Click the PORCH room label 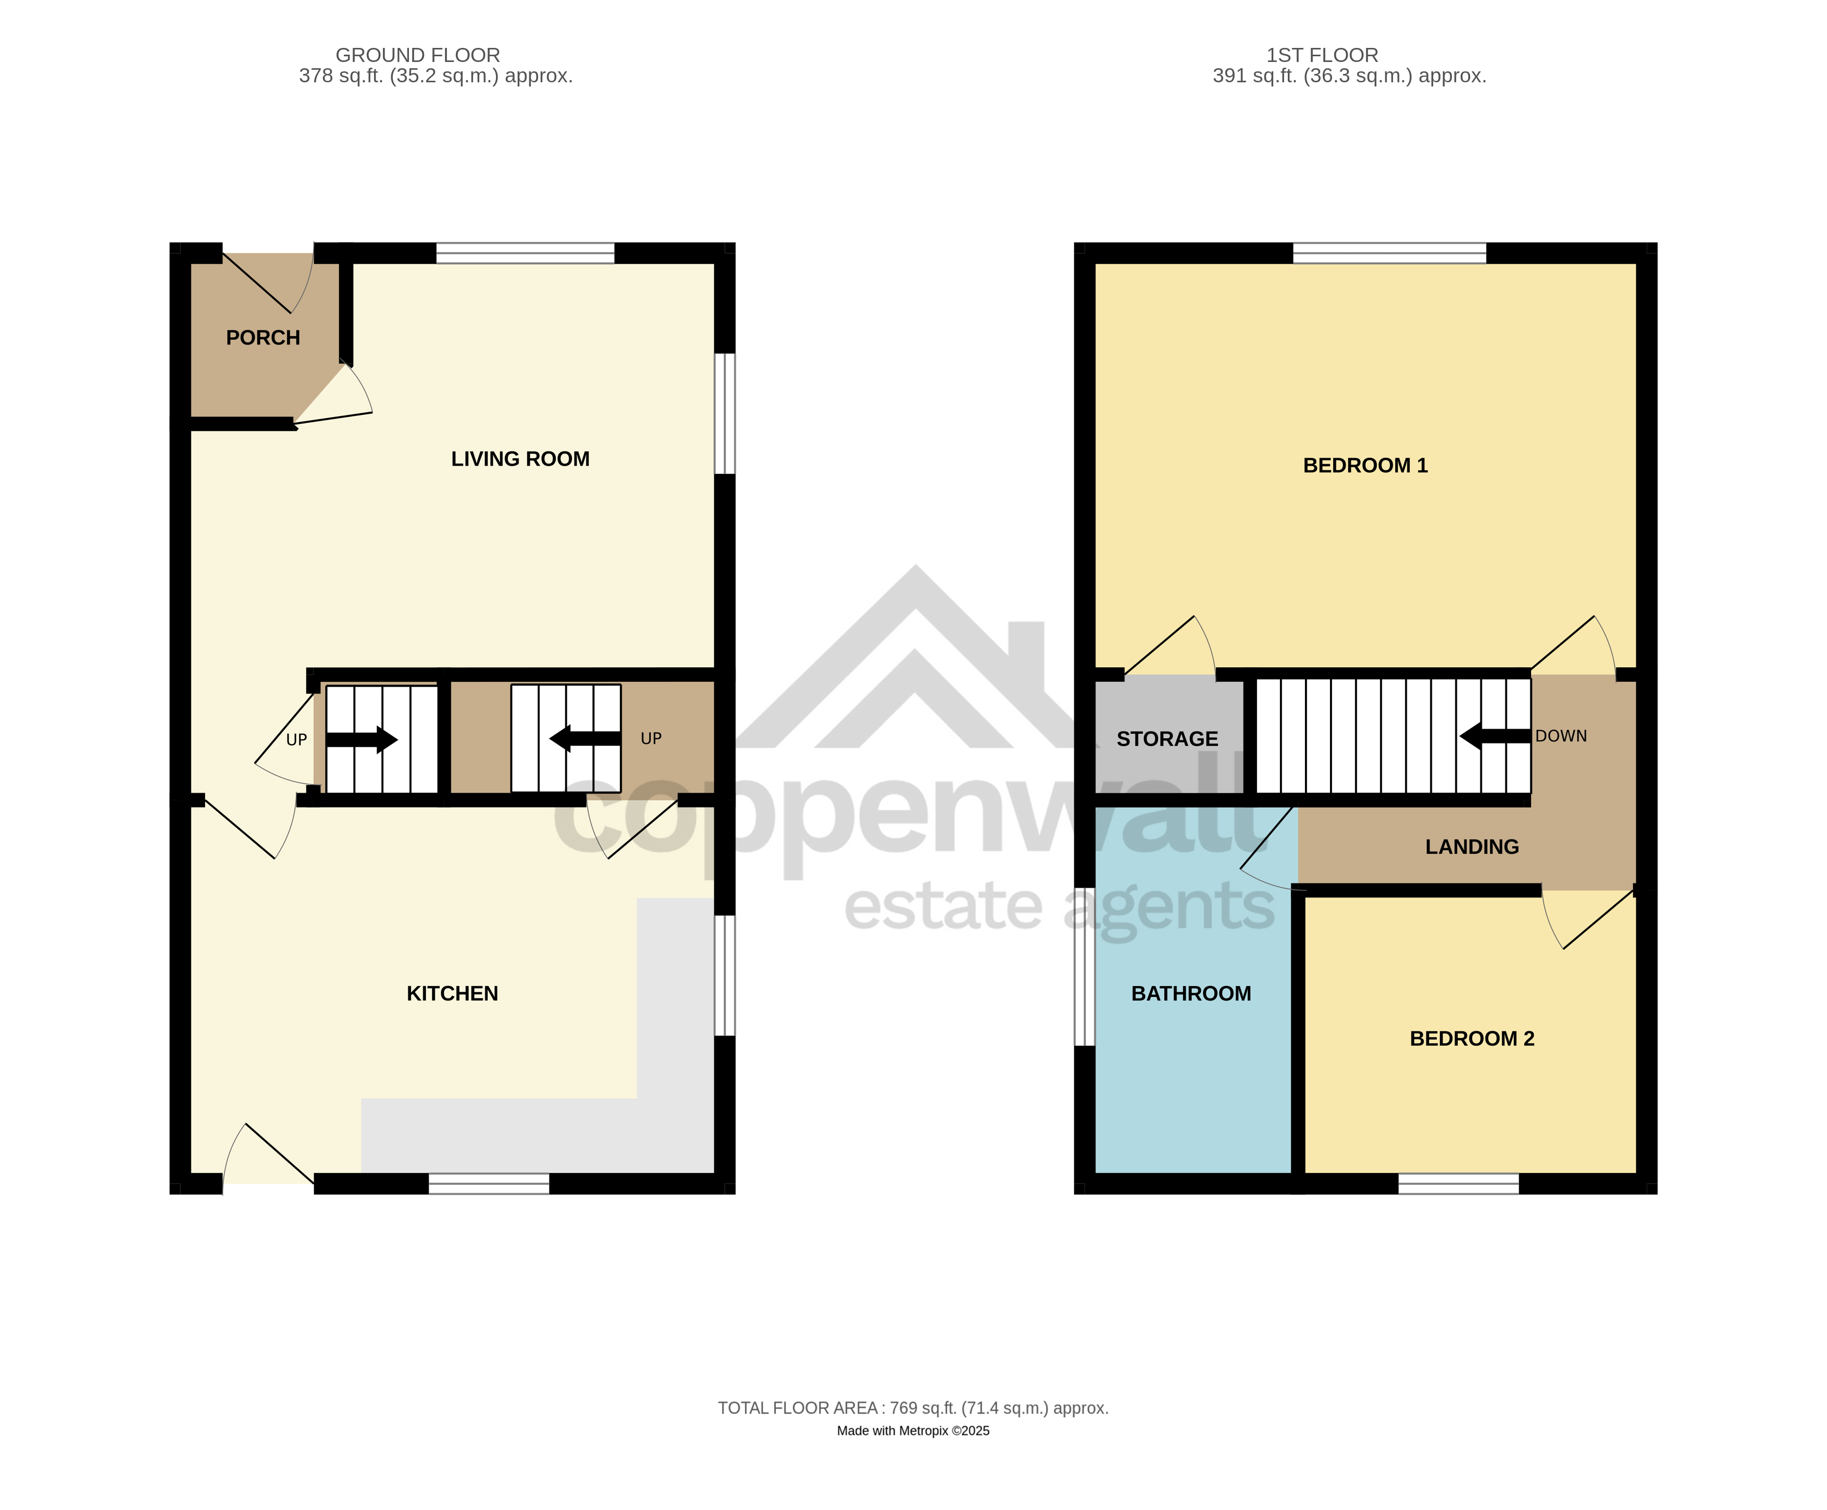tap(263, 338)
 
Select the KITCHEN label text tap(452, 993)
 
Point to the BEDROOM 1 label tap(1365, 465)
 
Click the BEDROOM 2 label tap(1472, 1039)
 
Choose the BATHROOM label tap(1191, 993)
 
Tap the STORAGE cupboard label tap(1167, 739)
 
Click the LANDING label tap(1472, 846)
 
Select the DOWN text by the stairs tap(1561, 736)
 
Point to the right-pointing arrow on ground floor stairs tap(362, 739)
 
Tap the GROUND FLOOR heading tap(418, 55)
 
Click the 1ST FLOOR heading tap(1322, 55)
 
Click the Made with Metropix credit tap(914, 1431)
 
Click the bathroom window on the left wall tap(1084, 966)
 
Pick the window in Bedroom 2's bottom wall tap(1459, 1183)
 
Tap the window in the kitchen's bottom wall tap(489, 1183)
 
